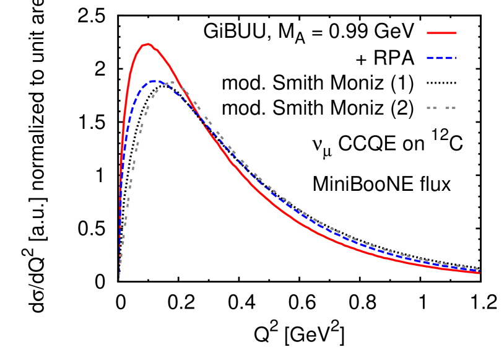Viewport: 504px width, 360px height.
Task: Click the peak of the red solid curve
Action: point(147,44)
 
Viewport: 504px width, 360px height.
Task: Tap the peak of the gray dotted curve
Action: point(172,82)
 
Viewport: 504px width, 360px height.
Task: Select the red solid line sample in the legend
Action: point(441,33)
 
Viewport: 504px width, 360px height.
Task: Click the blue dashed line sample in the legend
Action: point(441,58)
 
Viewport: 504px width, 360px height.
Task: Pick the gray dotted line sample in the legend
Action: point(441,108)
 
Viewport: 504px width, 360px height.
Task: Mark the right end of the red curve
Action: point(479,273)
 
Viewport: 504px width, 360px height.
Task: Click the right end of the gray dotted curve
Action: point(476,268)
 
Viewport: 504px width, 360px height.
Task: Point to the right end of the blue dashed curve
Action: point(478,271)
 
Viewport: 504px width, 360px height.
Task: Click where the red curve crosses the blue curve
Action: point(202,120)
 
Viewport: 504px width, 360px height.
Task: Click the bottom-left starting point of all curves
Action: point(118,281)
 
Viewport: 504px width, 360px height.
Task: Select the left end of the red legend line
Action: point(427,33)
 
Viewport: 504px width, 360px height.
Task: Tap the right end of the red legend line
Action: point(456,33)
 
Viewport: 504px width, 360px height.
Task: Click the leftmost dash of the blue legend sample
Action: point(430,58)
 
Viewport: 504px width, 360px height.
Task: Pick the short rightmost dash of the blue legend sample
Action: point(454,58)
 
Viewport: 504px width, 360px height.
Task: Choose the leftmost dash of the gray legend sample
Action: point(428,108)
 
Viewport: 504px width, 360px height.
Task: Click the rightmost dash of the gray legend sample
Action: point(453,108)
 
